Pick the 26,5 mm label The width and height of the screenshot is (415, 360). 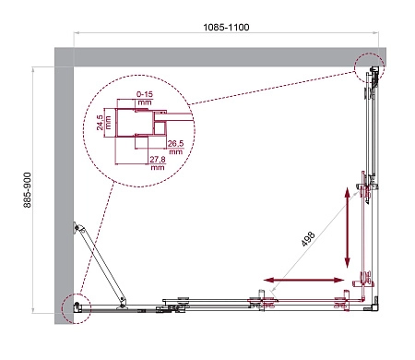click(x=176, y=147)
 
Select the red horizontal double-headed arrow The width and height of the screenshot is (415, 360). click(x=304, y=279)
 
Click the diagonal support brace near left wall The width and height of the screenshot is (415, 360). click(x=101, y=264)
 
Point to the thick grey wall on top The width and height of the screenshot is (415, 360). click(x=212, y=56)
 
